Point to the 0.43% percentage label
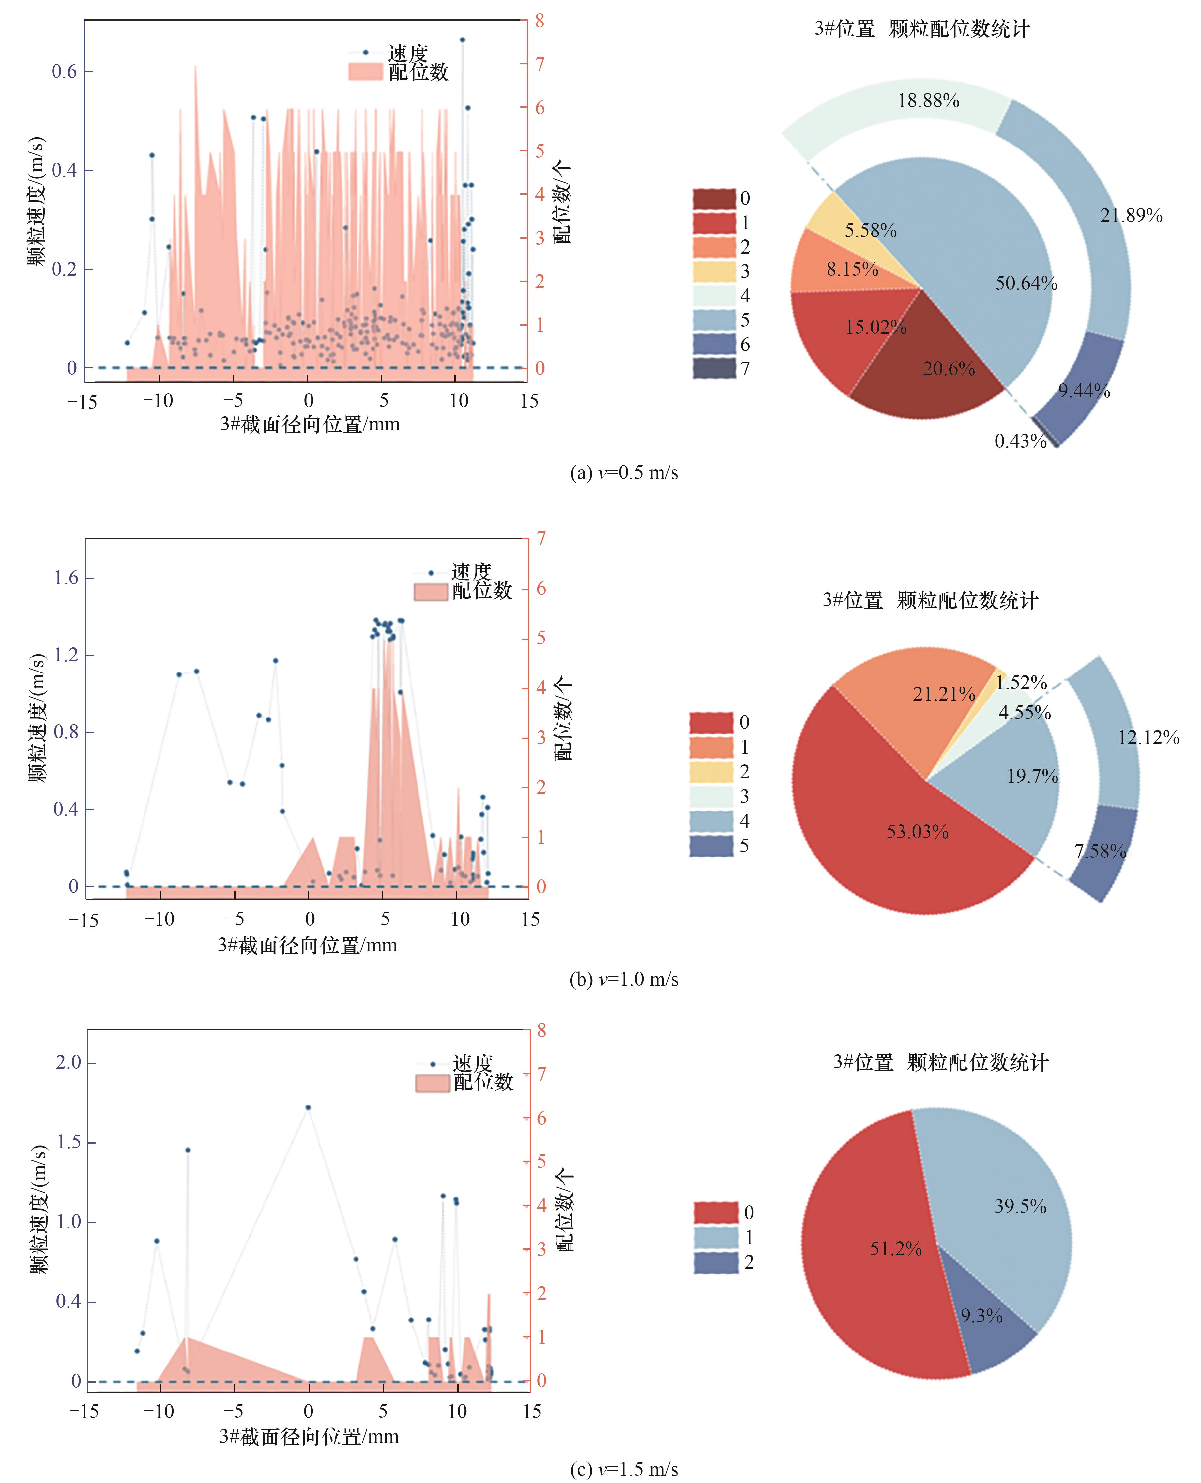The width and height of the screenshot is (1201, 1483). click(x=1020, y=441)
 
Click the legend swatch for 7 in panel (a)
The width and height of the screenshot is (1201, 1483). click(x=714, y=369)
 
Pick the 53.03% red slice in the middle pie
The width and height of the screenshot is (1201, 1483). click(x=899, y=837)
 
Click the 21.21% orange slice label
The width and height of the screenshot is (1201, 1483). click(x=944, y=694)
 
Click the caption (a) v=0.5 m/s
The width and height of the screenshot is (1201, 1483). click(x=623, y=473)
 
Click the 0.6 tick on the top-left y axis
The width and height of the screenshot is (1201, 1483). click(x=64, y=71)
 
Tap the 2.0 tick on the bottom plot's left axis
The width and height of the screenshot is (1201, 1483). click(x=68, y=1062)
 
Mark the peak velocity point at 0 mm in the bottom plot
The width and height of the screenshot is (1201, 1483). click(x=308, y=1107)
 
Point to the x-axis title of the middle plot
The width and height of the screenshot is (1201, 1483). click(x=308, y=945)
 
